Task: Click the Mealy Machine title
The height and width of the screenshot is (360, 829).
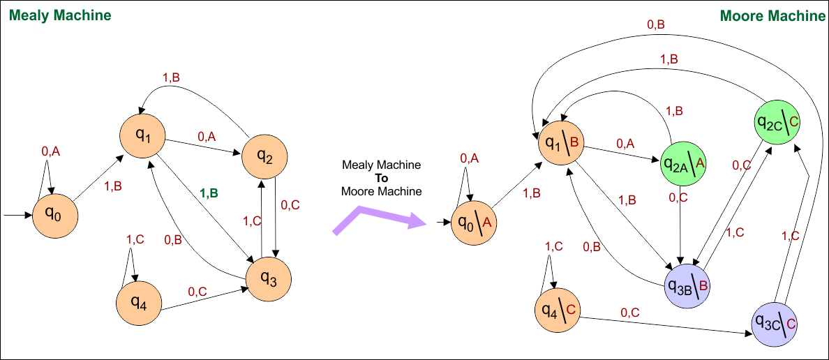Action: tap(60, 15)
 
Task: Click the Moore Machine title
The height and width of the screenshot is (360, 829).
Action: tap(772, 15)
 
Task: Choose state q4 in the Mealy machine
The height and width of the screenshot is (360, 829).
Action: tap(140, 303)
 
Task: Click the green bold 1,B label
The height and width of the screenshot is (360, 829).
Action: tap(209, 194)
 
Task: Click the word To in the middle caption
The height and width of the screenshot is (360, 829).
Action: tap(381, 178)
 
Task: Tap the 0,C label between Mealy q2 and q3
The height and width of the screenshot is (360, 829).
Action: tap(290, 206)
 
